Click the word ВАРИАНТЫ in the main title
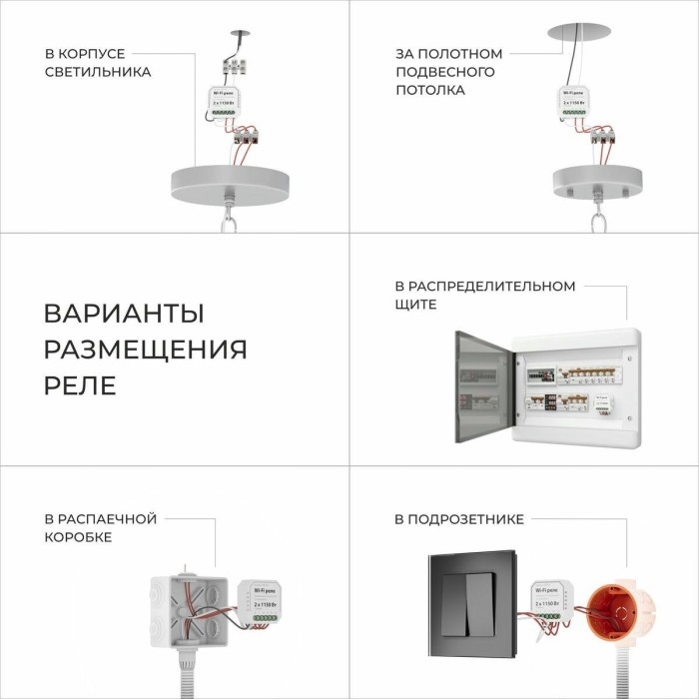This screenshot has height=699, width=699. click(124, 313)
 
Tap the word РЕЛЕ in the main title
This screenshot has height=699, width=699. click(80, 385)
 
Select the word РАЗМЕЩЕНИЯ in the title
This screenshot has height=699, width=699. click(145, 349)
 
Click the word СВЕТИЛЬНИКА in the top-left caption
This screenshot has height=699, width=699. click(98, 72)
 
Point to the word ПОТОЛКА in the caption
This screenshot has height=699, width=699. click(429, 90)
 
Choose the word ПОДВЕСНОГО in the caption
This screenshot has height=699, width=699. click(444, 72)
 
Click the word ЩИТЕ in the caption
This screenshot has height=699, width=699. click(415, 305)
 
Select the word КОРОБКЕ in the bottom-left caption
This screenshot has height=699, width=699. click(78, 537)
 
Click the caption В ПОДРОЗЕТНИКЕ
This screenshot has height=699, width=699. click(458, 519)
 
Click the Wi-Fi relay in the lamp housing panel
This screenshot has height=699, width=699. click(229, 103)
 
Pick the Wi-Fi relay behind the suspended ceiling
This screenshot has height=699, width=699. click(576, 102)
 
